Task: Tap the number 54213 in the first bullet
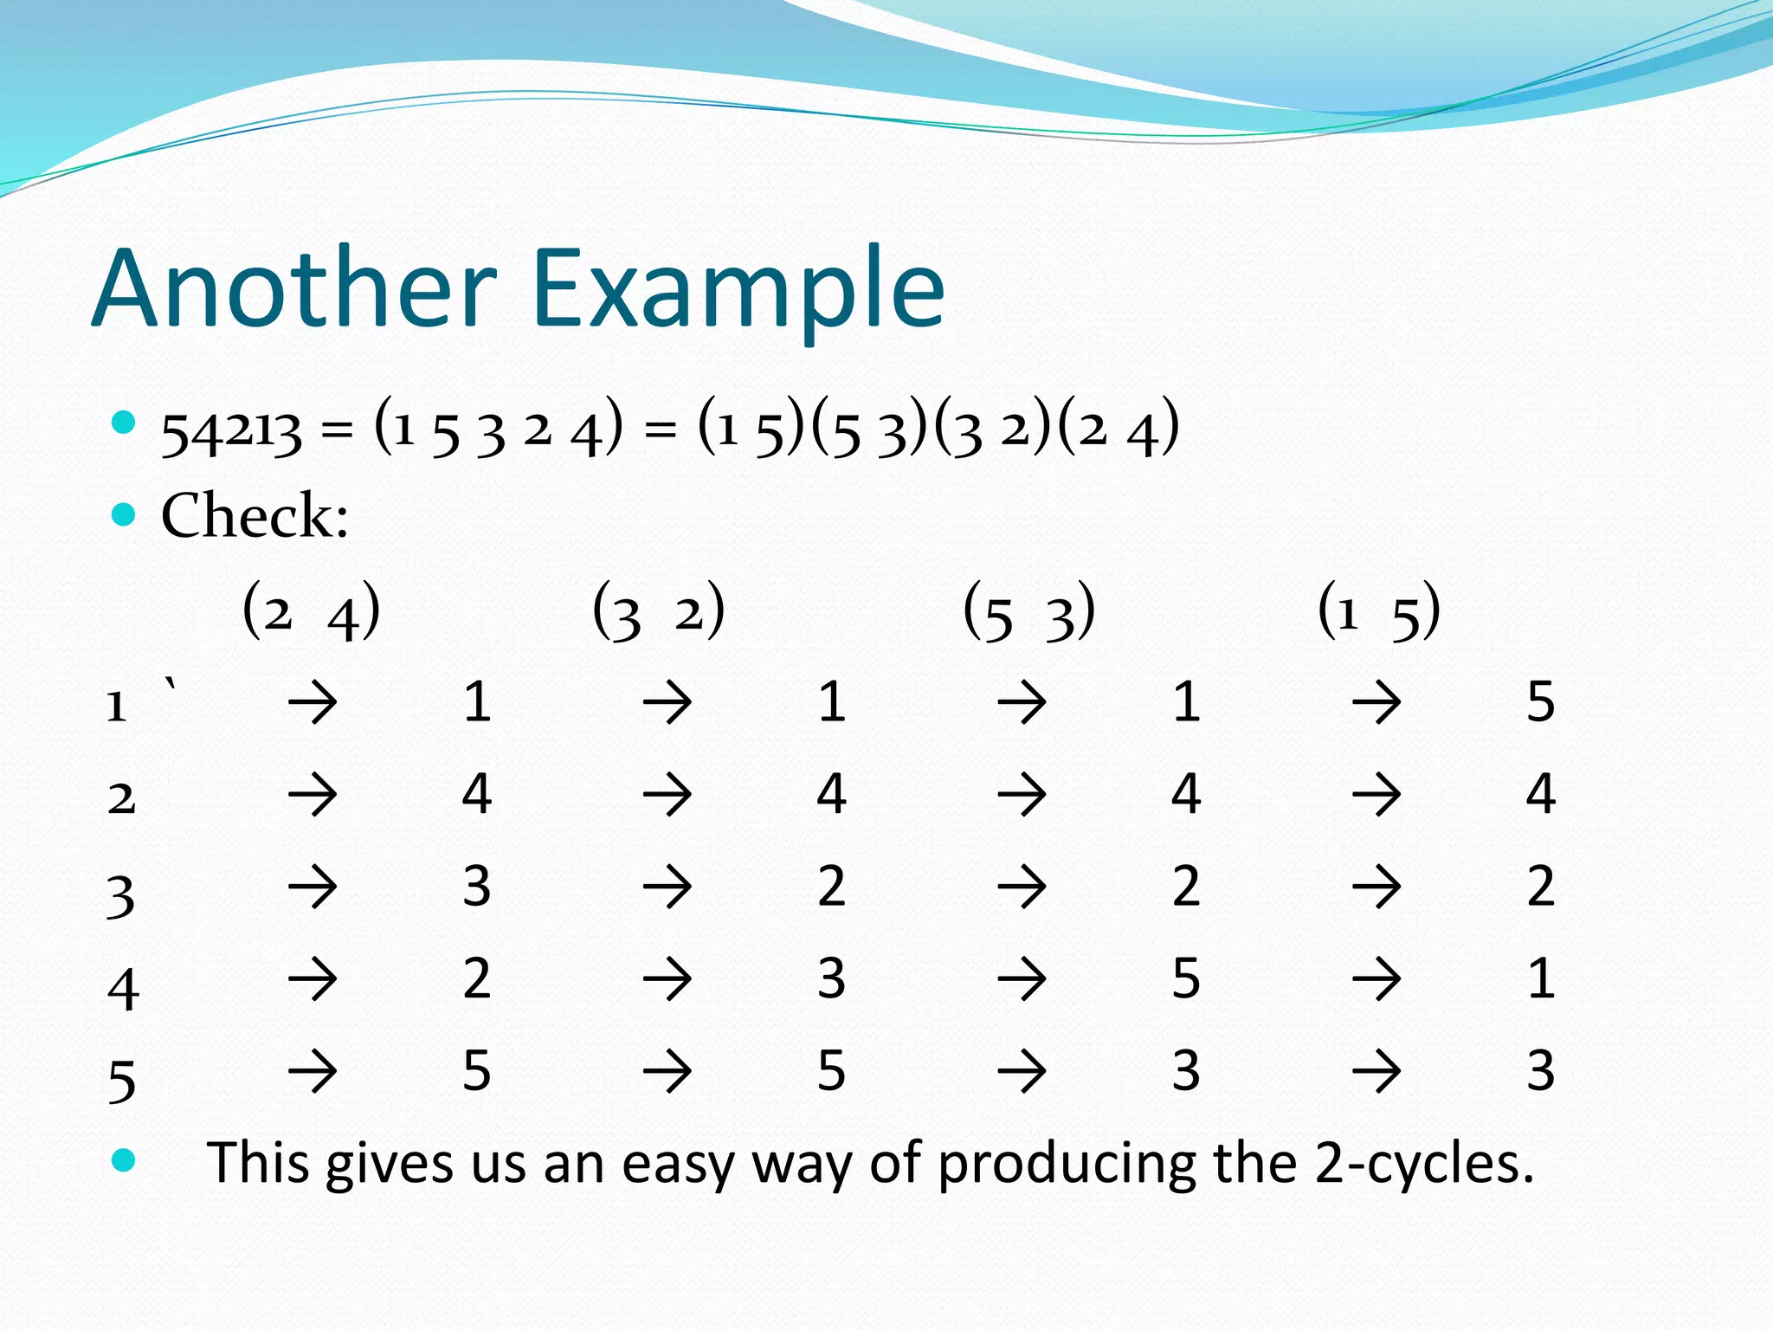coord(232,431)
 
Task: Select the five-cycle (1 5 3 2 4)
coord(499,428)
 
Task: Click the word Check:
coord(255,516)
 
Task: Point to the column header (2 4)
coord(312,611)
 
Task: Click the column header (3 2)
coord(659,611)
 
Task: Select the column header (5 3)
coord(1029,611)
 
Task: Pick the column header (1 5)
coord(1379,611)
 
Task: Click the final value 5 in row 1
coord(1540,701)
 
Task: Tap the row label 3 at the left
coord(121,897)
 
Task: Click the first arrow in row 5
coord(313,1071)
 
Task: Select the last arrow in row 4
coord(1376,979)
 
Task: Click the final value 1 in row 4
coord(1540,979)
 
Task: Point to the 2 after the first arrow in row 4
coord(477,979)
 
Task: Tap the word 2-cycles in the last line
coord(1424,1163)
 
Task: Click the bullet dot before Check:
coord(125,515)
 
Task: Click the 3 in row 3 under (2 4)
coord(477,887)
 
